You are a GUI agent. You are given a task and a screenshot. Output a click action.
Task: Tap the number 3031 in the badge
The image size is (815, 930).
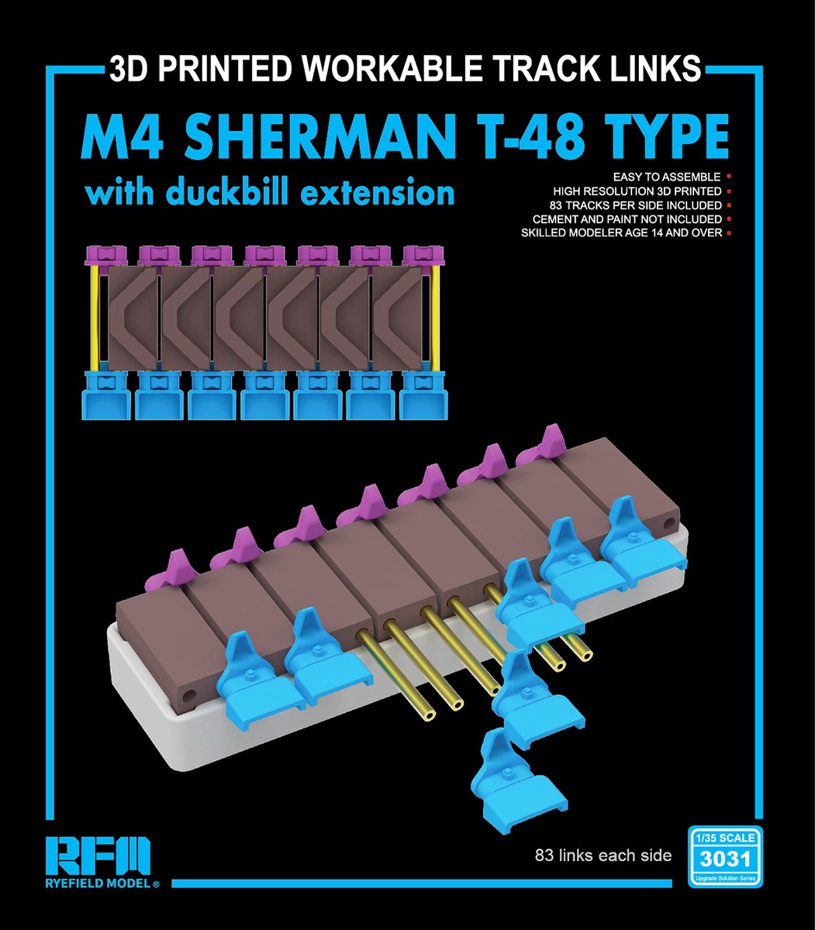(x=725, y=859)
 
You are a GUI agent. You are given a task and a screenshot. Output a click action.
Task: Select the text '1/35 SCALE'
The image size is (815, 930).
(x=725, y=838)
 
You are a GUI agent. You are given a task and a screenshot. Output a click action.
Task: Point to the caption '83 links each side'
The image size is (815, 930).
(x=603, y=856)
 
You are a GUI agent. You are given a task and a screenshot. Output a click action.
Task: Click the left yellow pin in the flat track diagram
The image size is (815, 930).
(x=95, y=318)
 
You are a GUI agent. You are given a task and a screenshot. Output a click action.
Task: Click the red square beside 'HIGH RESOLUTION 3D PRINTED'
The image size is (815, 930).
(x=729, y=191)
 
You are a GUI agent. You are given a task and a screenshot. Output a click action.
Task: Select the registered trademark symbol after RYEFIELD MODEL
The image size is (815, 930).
(x=156, y=884)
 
